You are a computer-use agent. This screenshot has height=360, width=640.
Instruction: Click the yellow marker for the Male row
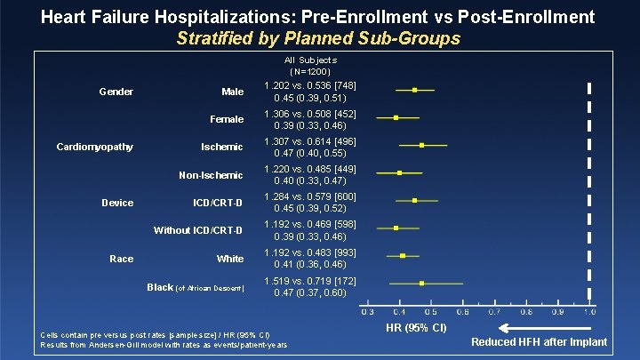pos(414,90)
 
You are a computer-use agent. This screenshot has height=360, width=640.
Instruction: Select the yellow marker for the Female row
pos(396,117)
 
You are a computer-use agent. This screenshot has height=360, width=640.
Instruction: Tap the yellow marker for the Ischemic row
pos(422,145)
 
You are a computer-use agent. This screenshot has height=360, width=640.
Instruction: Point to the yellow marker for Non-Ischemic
pos(399,173)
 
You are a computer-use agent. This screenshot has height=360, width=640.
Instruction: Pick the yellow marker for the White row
pos(403,256)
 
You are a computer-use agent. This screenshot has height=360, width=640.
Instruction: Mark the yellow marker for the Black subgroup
pos(422,284)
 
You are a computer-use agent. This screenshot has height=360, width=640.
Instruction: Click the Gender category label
pos(116,92)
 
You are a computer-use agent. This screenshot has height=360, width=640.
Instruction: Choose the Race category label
pos(121,259)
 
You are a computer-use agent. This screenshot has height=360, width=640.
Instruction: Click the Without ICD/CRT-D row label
pos(198,230)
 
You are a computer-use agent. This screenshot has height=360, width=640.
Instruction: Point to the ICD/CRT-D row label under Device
pos(218,203)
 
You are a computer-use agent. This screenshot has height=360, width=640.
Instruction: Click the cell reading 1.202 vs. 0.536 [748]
pos(309,85)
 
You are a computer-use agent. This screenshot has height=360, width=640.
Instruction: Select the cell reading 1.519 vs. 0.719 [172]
pos(309,281)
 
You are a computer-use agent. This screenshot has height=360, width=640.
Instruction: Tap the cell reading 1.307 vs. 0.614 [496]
pos(309,141)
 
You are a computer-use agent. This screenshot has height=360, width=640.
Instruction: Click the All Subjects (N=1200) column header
pos(309,65)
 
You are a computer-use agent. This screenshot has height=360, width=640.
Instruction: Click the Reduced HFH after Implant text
pos(539,342)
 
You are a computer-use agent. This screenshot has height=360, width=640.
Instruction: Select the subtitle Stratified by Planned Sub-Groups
pos(318,38)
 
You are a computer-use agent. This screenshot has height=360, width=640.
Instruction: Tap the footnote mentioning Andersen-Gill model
pos(164,344)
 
